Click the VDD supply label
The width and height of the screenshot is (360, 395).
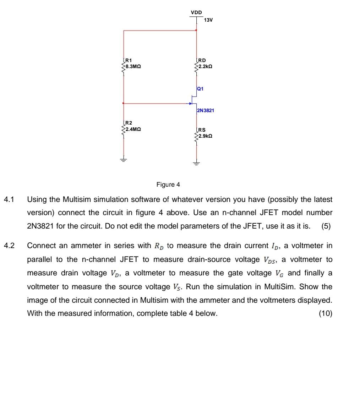point(196,12)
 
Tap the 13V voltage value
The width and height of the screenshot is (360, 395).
point(208,20)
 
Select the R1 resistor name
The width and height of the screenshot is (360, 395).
point(128,61)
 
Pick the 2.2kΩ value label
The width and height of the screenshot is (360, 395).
point(206,66)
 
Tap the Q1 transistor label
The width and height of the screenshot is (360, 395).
point(201,89)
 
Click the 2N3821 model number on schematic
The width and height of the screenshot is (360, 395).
point(205,111)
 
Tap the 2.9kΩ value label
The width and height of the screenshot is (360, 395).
point(206,136)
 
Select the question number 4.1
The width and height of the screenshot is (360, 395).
point(9,199)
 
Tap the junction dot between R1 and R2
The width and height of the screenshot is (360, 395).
point(124,103)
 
